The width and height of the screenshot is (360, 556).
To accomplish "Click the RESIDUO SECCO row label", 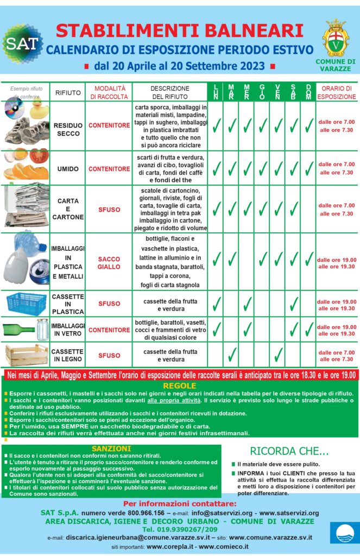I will pyautogui.click(x=68, y=129).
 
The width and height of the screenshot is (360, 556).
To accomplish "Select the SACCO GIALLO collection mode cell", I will pyautogui.click(x=109, y=263).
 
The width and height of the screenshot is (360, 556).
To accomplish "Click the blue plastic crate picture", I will pyautogui.click(x=26, y=304).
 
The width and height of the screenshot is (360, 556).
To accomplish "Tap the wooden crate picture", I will pyautogui.click(x=27, y=355).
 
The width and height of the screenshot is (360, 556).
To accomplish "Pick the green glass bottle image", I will pyautogui.click(x=21, y=328).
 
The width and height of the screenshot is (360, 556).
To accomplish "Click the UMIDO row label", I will pyautogui.click(x=68, y=169).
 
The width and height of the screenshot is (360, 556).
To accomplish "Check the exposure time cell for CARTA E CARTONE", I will pyautogui.click(x=337, y=210).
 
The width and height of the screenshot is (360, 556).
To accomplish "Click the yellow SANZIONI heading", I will pyautogui.click(x=111, y=448).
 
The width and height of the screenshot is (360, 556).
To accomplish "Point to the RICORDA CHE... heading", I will pyautogui.click(x=289, y=451).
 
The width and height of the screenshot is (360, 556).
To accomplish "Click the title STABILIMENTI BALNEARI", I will pyautogui.click(x=180, y=29).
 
